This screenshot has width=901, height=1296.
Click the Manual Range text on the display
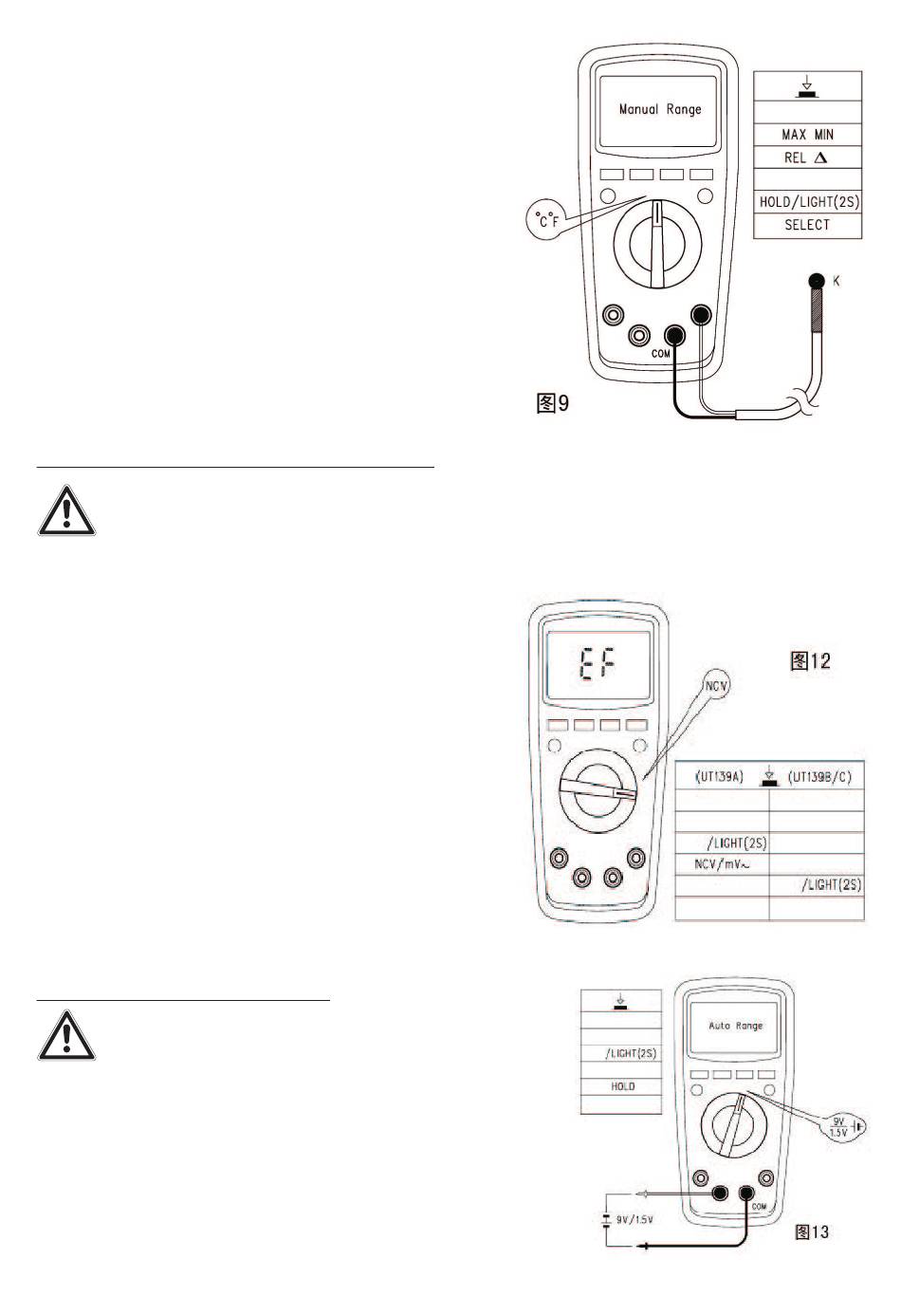[x=660, y=109]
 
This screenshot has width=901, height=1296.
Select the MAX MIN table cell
[x=807, y=135]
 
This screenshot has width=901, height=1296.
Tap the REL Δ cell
[x=807, y=157]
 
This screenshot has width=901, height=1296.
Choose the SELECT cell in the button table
[x=807, y=225]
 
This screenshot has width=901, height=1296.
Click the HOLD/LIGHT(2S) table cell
[x=808, y=202]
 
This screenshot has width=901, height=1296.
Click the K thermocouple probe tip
[x=814, y=281]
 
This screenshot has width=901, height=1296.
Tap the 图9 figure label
[x=552, y=404]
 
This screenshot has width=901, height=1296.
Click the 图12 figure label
[x=810, y=661]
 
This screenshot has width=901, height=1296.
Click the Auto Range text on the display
[x=736, y=1026]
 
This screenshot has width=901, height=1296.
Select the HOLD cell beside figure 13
[x=622, y=1086]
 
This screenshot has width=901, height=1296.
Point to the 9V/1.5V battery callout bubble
[x=838, y=1128]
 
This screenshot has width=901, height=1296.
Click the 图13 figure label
[x=811, y=1232]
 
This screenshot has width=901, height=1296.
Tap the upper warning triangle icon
[x=66, y=512]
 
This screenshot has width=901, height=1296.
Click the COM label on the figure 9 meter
[x=661, y=354]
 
